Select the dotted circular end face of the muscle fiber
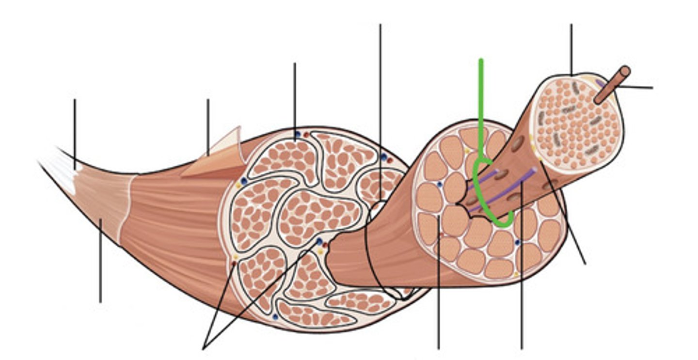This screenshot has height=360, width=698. tap(577, 121)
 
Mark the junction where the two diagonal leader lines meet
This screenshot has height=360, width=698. tap(204, 347)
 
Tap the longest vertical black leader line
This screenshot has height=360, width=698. tap(381, 97)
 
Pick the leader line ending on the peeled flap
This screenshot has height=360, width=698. tap(208, 126)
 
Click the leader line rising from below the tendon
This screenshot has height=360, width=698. tap(100, 262)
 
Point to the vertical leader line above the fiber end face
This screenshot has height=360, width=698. tap(571, 48)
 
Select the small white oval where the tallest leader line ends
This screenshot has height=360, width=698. tap(379, 209)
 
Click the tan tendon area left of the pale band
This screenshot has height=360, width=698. tap(99, 203)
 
